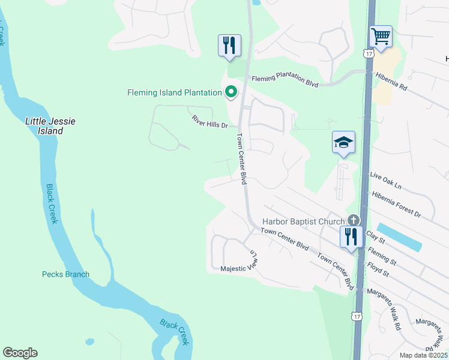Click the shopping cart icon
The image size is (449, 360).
(381, 37)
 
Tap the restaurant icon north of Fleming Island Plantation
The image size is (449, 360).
(229, 45)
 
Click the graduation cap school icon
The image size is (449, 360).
(343, 143)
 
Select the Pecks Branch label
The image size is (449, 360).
(65, 274)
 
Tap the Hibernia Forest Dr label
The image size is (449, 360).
(396, 205)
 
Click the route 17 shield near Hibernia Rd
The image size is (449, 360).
(369, 53)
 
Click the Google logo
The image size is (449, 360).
(20, 352)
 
